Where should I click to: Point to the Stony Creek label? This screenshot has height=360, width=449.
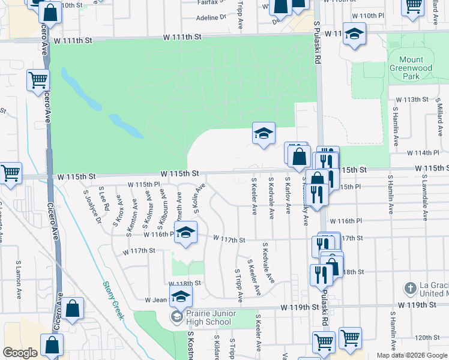(113, 300)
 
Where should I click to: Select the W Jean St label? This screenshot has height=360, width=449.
(157, 299)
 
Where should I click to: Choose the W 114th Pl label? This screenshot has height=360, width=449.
(427, 152)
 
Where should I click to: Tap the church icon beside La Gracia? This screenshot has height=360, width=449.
(411, 289)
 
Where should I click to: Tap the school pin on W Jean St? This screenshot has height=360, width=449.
(180, 296)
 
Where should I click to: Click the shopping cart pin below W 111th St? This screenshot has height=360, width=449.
(38, 80)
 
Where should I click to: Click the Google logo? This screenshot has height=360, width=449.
(20, 353)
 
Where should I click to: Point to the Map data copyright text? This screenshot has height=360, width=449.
(411, 355)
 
